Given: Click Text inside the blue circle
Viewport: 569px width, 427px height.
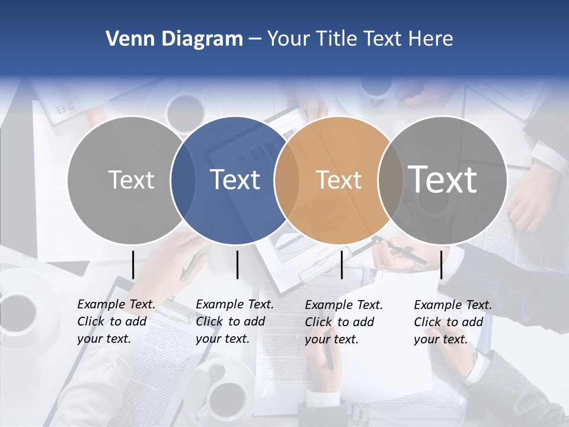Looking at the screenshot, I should (235, 180).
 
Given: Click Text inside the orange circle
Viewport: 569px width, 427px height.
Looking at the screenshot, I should (339, 180).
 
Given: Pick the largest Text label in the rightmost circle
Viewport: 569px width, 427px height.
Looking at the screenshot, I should (443, 179).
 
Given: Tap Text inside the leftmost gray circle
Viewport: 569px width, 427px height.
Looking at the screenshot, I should (132, 180).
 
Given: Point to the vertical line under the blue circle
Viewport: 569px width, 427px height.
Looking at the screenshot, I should (237, 265).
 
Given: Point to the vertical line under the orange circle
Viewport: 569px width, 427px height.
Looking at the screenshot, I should (342, 265).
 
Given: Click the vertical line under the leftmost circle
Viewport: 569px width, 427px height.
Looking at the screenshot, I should (133, 265).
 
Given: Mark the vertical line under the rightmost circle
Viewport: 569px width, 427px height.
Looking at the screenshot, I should (441, 265).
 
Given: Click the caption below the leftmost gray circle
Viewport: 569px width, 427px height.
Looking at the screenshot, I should (116, 321).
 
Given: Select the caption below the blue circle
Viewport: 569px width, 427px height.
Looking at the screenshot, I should (235, 321).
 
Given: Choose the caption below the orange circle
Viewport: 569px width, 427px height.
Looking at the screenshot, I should (344, 322).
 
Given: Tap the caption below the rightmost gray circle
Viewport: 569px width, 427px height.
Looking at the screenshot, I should (453, 322).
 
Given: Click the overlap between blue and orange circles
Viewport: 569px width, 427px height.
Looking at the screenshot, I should (286, 180).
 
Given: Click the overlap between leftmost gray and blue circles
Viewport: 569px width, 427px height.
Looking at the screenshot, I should (183, 180).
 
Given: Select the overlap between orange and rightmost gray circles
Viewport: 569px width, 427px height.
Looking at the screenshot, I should (390, 180).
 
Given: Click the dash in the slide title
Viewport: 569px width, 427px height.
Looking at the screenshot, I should (254, 39).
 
